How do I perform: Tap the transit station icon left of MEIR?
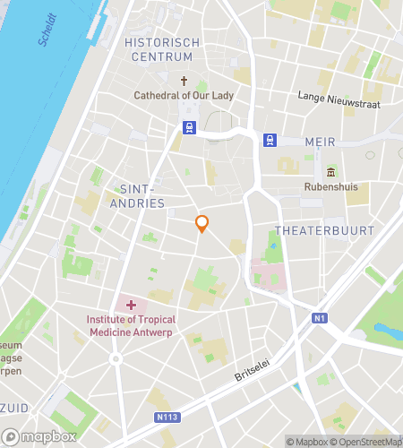coord(269,140)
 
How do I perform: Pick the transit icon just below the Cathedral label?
coord(189,128)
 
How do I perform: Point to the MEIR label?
coord(319,141)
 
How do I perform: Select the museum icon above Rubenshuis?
coord(330,172)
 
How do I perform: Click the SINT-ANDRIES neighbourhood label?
coord(141,196)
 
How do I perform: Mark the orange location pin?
coord(202,224)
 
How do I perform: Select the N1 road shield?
coord(320,318)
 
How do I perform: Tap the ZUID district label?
coord(13,406)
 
